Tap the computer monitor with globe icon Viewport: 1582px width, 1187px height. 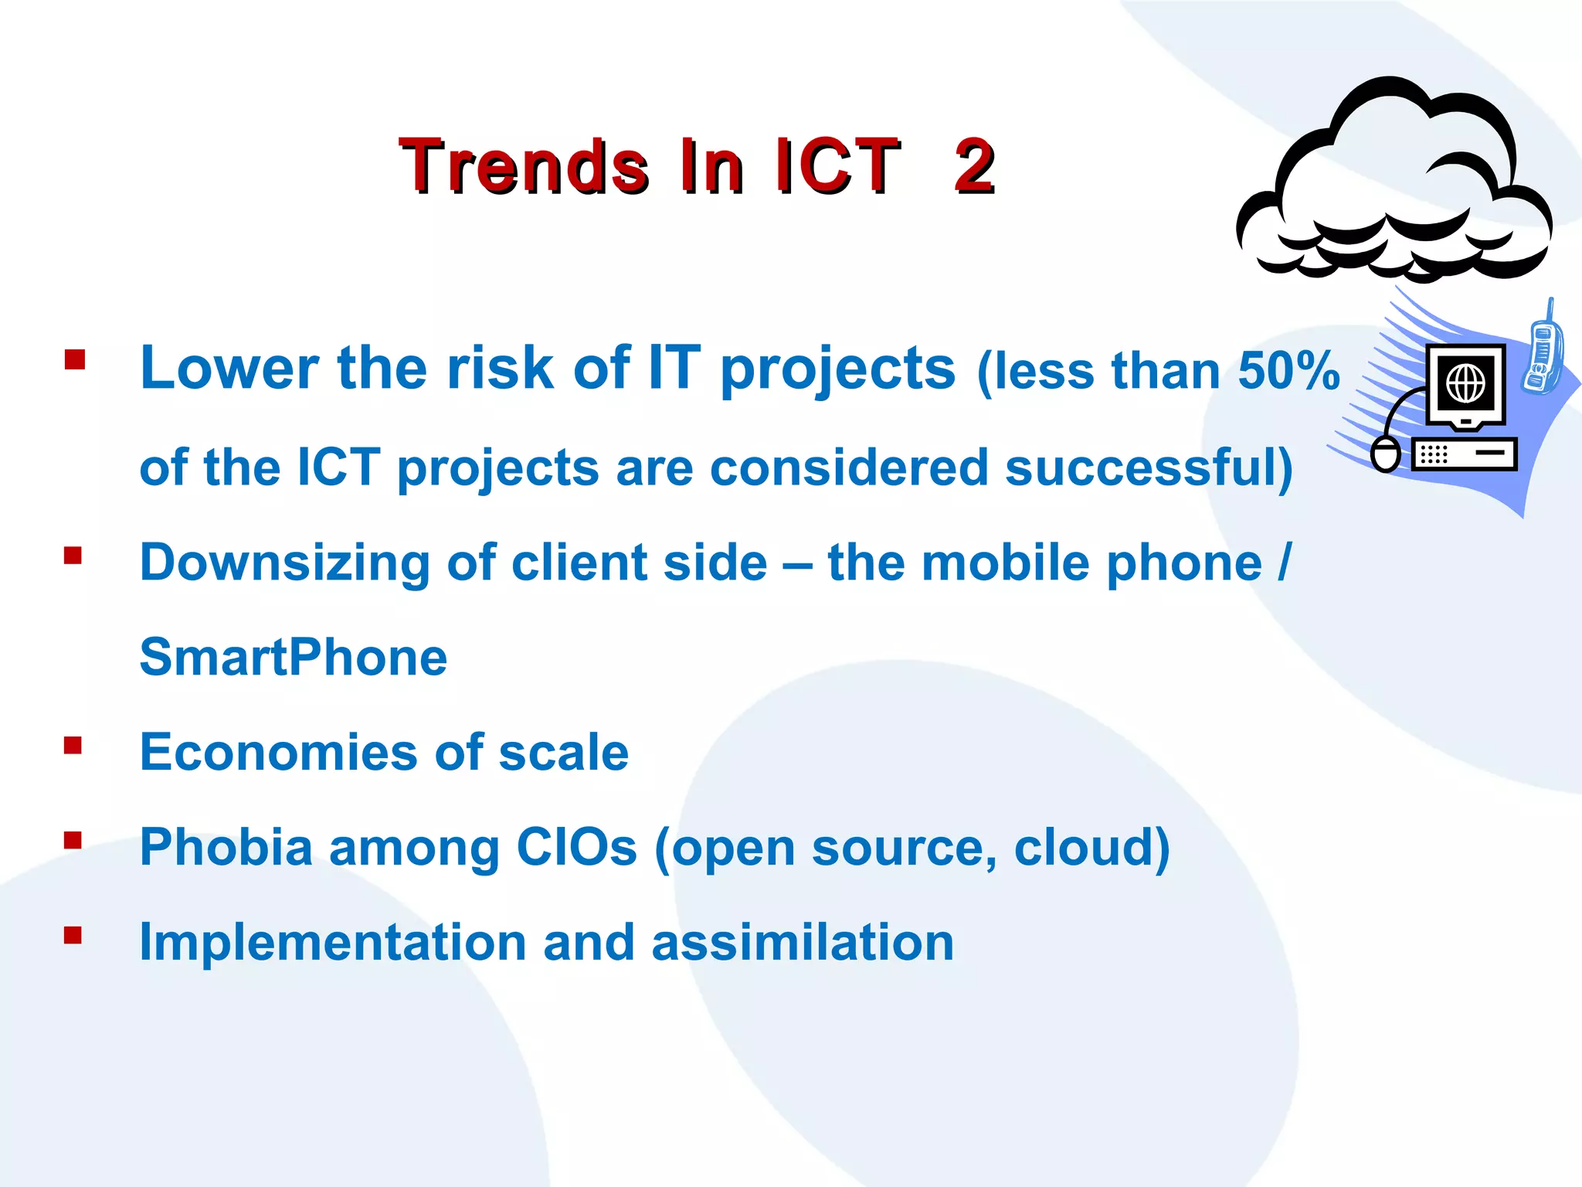click(1465, 385)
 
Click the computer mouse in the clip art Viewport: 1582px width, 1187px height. click(1385, 454)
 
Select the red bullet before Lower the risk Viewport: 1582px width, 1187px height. click(74, 360)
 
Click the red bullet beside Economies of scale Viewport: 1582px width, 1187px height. click(73, 745)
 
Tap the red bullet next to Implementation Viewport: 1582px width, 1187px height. click(73, 936)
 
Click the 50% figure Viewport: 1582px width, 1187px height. click(1288, 371)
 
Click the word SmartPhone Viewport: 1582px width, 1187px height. click(293, 658)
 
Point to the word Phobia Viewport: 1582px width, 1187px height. click(226, 847)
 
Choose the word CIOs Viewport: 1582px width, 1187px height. click(576, 847)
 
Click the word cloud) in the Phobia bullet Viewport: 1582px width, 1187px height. click(1091, 847)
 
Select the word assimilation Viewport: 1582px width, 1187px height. click(803, 943)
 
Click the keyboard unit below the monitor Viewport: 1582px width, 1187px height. click(1464, 454)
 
